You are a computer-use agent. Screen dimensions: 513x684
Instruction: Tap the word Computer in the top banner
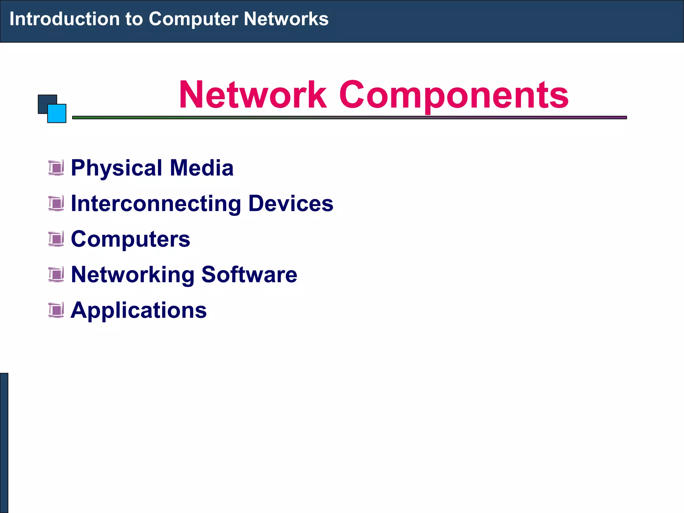point(193,19)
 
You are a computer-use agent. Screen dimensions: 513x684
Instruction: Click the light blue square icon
point(57,114)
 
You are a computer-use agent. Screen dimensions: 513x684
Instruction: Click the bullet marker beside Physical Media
point(56,168)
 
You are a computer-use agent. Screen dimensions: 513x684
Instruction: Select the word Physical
point(117,168)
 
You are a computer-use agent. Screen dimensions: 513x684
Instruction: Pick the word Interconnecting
point(156,204)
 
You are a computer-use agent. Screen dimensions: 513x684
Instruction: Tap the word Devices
point(291,203)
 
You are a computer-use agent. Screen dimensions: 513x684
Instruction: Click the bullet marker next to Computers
point(56,239)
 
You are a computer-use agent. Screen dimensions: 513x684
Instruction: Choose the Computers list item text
point(130,239)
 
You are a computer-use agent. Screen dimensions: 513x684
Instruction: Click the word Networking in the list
point(133,275)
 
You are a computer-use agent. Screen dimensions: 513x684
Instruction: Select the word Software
point(249,275)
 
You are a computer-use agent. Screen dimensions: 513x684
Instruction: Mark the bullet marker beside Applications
point(56,310)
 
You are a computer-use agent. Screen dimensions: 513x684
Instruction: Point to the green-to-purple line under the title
point(349,118)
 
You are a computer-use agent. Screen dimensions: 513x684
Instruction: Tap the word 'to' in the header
point(134,19)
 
